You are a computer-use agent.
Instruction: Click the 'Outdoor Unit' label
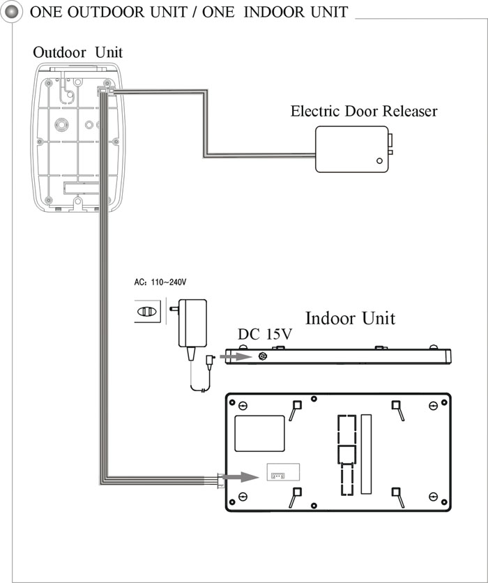tap(77, 52)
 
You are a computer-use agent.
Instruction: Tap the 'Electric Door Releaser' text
tap(364, 111)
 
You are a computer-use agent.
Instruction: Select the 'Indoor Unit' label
tap(350, 318)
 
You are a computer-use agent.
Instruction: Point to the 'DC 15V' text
tap(265, 334)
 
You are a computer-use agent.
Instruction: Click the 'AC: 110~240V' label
tap(160, 282)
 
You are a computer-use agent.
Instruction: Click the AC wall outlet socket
tap(148, 311)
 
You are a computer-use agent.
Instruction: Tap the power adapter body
tap(192, 323)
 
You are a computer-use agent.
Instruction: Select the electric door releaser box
tap(352, 149)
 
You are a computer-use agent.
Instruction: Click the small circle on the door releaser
tap(379, 161)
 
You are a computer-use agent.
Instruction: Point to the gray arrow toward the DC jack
tap(236, 357)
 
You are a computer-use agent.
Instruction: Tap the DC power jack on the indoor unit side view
tap(263, 356)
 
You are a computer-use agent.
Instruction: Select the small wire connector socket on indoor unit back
tap(277, 476)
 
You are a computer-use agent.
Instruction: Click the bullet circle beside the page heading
tap(11, 12)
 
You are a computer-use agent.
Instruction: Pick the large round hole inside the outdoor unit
tap(61, 124)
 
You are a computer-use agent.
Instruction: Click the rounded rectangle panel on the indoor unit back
tap(259, 434)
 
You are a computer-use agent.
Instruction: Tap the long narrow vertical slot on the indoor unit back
tap(366, 454)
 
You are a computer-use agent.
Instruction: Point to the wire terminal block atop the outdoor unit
tap(105, 91)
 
